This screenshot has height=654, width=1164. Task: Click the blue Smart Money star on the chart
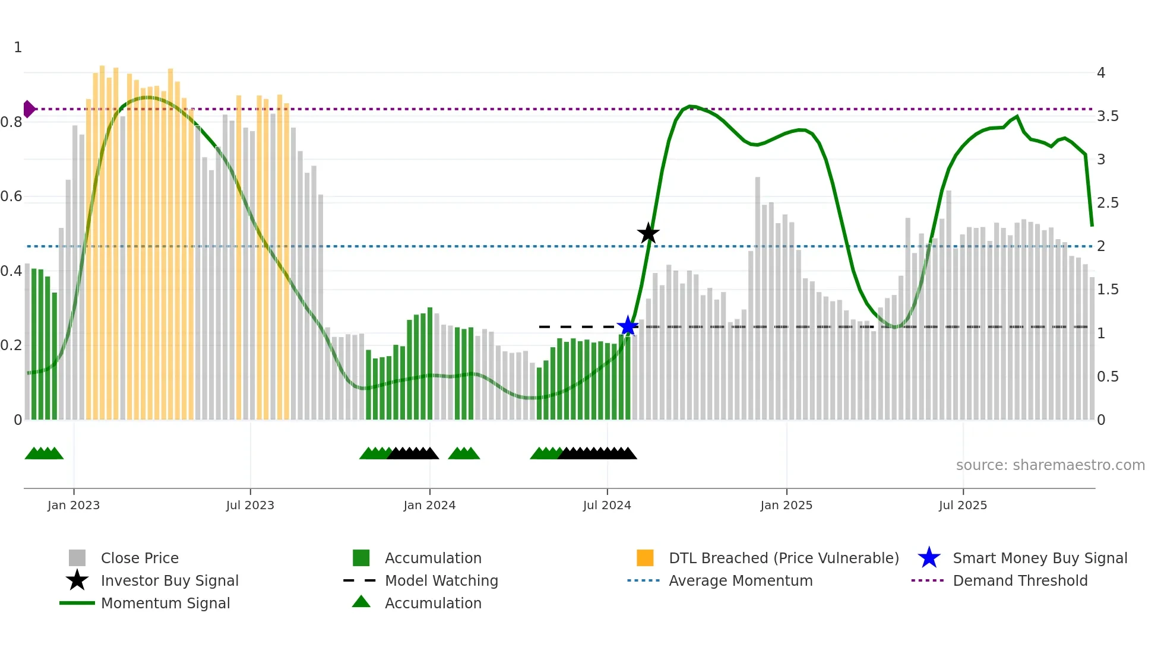click(x=628, y=326)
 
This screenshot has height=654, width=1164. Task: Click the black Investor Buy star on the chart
click(x=648, y=233)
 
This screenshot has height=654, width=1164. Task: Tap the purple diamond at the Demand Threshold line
click(x=29, y=109)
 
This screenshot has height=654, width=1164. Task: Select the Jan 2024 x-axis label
click(x=429, y=505)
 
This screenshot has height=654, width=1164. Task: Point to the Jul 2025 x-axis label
click(x=963, y=505)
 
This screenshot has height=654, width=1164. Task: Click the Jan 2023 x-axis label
click(x=74, y=505)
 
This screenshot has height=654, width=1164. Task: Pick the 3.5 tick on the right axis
click(x=1108, y=116)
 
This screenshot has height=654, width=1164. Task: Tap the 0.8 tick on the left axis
click(x=12, y=122)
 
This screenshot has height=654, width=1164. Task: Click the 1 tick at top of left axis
click(x=18, y=47)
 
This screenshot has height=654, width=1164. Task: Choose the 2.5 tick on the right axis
click(x=1108, y=203)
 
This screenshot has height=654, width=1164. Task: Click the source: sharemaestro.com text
click(x=1050, y=465)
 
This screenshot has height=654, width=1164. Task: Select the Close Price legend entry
click(x=140, y=558)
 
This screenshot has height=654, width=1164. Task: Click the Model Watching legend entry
click(x=441, y=580)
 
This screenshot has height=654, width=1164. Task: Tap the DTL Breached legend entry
click(x=783, y=558)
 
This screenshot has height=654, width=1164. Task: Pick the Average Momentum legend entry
click(x=741, y=580)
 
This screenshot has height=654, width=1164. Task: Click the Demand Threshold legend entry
click(x=1020, y=580)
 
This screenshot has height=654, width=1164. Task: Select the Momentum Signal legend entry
click(x=165, y=603)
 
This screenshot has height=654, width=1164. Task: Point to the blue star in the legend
click(x=929, y=558)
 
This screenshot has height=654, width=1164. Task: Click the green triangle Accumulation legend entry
click(x=432, y=603)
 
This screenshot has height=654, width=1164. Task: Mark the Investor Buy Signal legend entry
click(x=169, y=580)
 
